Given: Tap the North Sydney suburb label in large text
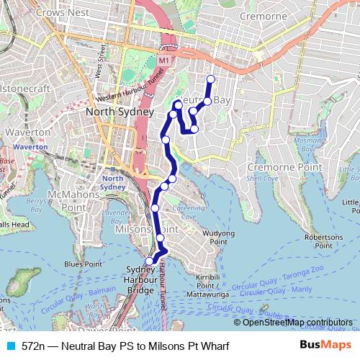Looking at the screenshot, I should point(120,112).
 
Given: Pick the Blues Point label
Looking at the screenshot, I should point(83,264).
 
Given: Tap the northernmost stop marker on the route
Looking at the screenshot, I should point(210,79).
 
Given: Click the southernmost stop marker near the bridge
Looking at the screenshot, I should point(150,261).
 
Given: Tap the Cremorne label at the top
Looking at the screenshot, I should point(263,16).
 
